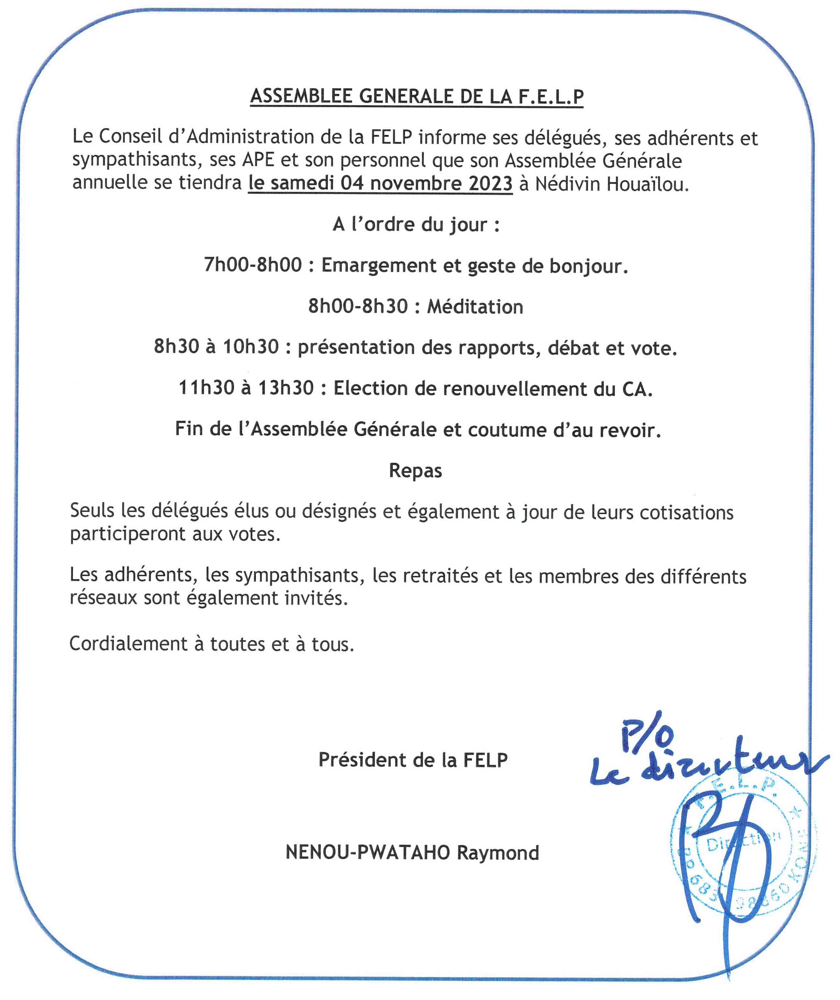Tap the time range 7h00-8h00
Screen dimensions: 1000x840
pyautogui.click(x=253, y=265)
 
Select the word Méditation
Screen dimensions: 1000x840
pyautogui.click(x=475, y=306)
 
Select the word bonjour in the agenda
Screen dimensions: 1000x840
pyautogui.click(x=588, y=266)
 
